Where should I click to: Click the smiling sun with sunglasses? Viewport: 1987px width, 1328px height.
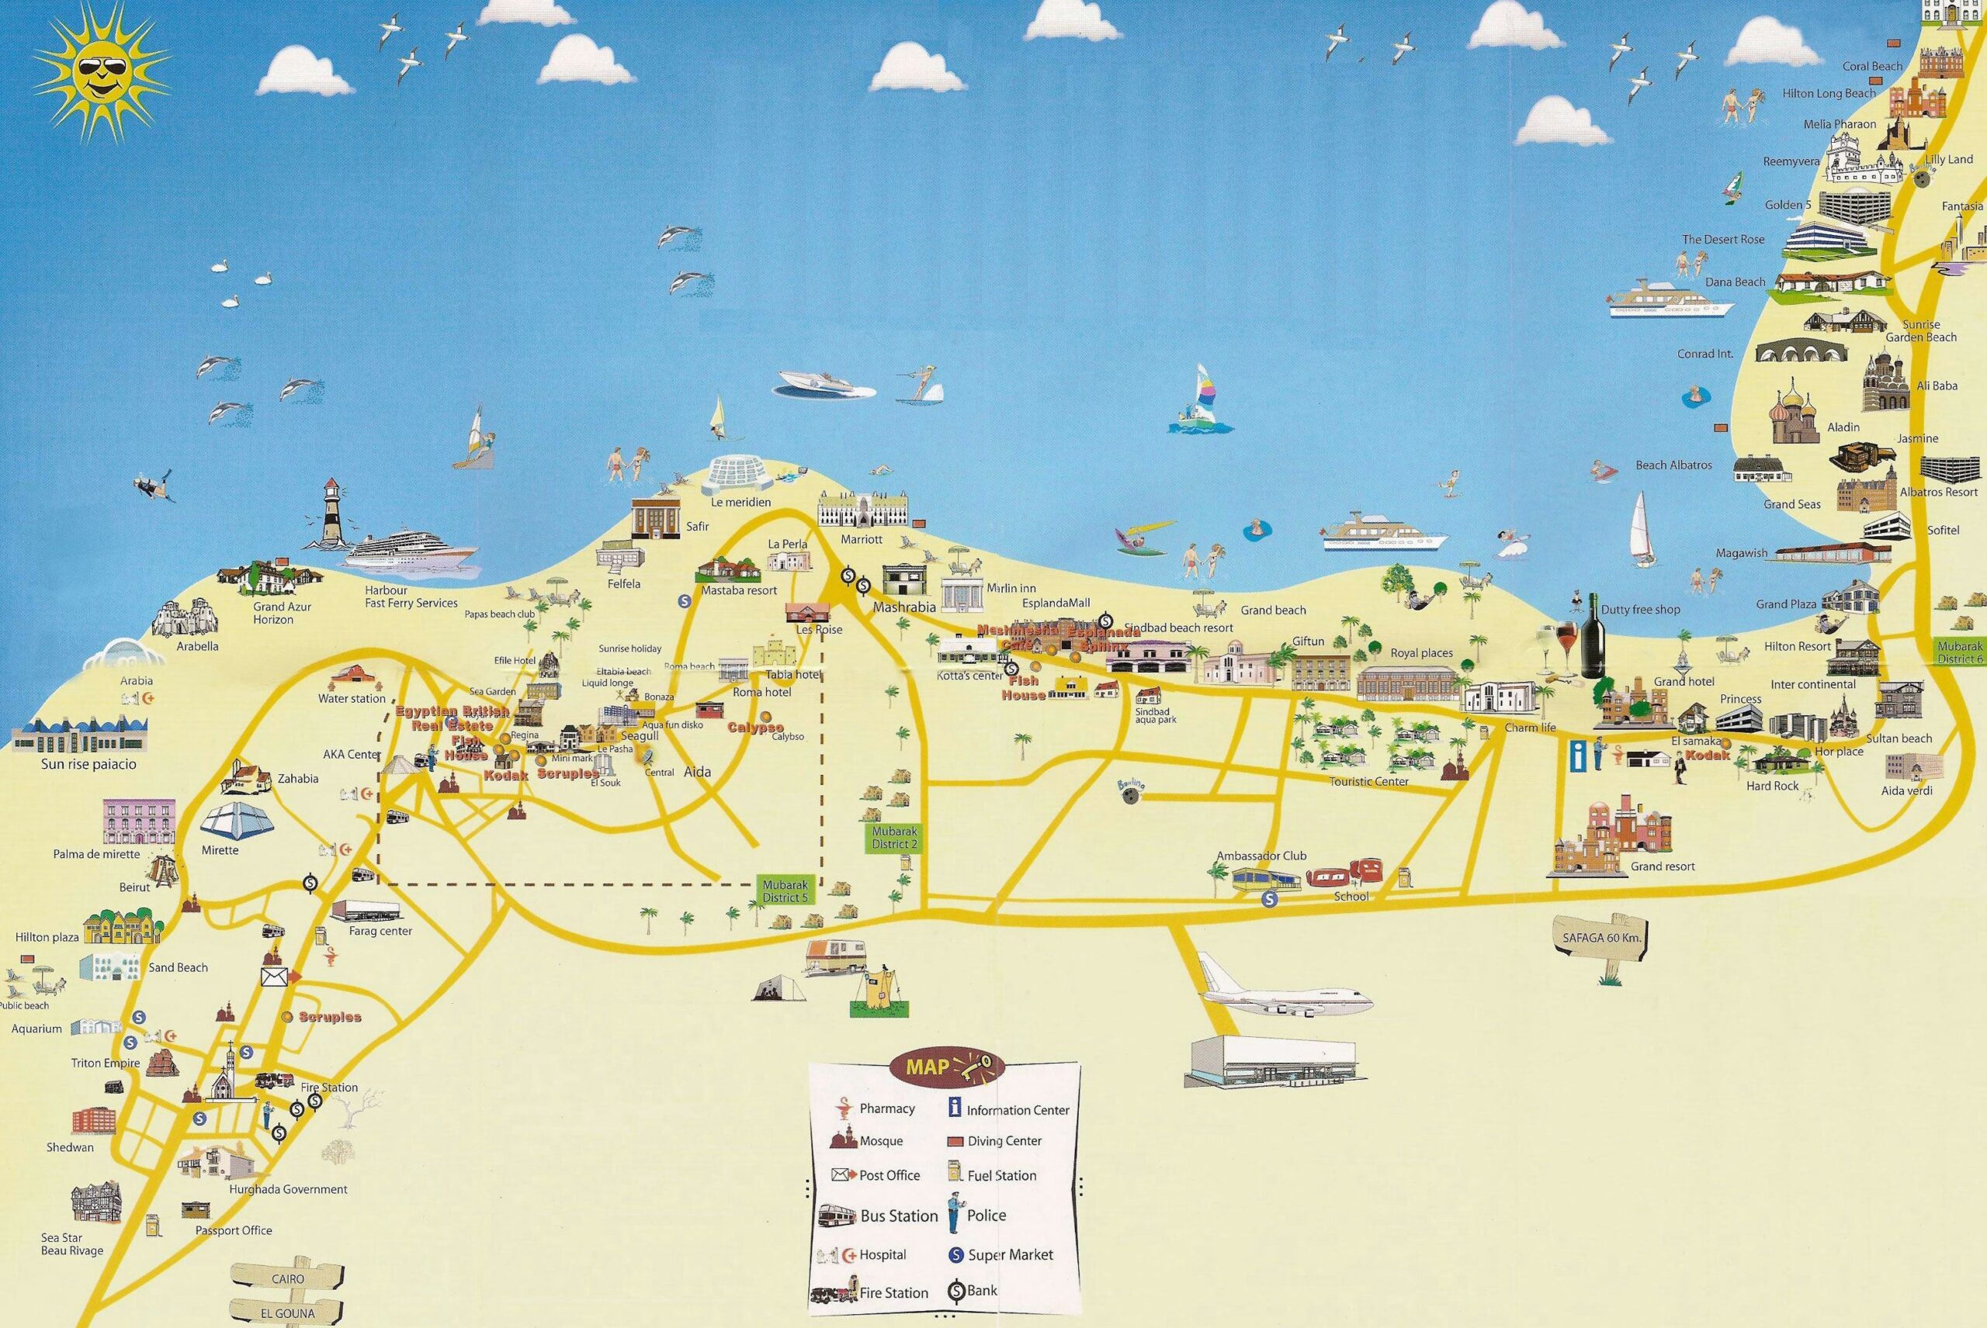coord(100,73)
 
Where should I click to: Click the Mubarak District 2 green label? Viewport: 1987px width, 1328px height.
coord(895,838)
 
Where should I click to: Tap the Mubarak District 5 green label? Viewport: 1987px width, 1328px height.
coord(785,891)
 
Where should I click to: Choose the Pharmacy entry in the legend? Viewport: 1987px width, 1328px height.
coord(886,1108)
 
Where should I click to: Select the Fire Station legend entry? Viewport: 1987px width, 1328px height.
coord(893,1292)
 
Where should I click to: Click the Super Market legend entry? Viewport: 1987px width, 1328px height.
coord(1009,1254)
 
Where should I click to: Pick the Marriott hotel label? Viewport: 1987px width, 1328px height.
coord(862,538)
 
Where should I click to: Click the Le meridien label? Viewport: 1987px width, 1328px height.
coord(740,502)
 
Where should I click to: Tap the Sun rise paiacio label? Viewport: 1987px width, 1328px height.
coord(89,764)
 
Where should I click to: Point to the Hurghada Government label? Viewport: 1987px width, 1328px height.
coord(288,1189)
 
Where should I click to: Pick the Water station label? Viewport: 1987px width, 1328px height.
coord(352,699)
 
